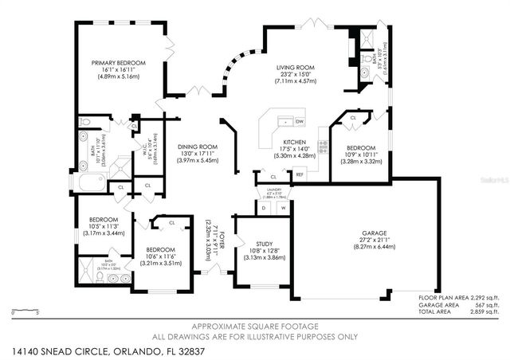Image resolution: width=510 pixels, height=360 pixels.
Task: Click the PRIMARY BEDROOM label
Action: tap(118, 63)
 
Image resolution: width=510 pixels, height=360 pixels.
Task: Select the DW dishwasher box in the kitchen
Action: tap(300, 121)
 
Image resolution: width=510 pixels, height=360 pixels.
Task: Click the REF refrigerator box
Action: tap(300, 174)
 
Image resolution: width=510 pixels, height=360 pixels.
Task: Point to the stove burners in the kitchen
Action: tap(323, 146)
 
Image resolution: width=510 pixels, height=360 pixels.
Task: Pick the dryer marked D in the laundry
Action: tap(264, 209)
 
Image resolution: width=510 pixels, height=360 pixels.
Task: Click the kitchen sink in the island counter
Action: tap(283, 123)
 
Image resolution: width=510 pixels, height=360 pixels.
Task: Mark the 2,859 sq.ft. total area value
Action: tap(481, 310)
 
